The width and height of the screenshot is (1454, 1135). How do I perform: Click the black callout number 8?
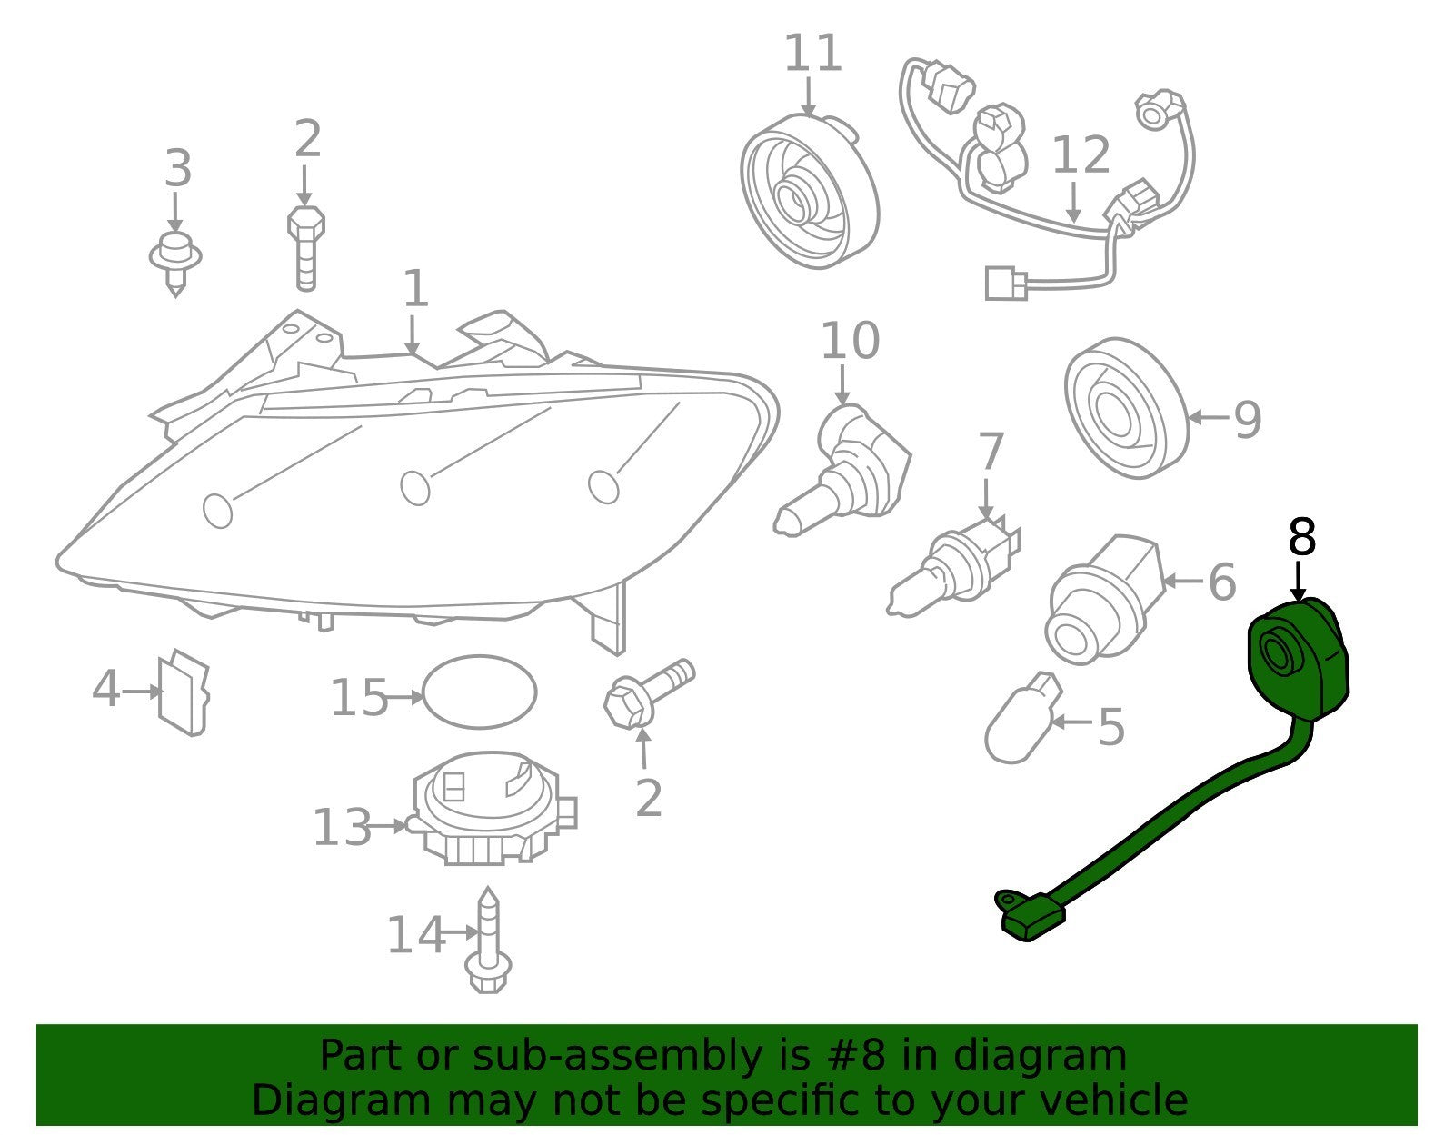pyautogui.click(x=1302, y=536)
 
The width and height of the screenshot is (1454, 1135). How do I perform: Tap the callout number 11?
pyautogui.click(x=812, y=54)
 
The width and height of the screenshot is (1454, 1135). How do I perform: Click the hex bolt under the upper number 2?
pyautogui.click(x=305, y=248)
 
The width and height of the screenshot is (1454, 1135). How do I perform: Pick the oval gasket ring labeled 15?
pyautogui.click(x=479, y=692)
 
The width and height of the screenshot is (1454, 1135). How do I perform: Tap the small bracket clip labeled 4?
pyautogui.click(x=184, y=692)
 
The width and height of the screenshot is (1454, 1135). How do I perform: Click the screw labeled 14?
pyautogui.click(x=489, y=940)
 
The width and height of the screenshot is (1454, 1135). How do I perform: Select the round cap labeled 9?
pyautogui.click(x=1127, y=408)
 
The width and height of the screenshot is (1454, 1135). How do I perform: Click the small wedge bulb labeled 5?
pyautogui.click(x=1021, y=718)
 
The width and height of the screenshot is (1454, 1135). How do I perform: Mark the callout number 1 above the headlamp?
pyautogui.click(x=415, y=288)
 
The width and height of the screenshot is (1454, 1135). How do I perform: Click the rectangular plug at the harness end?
pyautogui.click(x=1006, y=284)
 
